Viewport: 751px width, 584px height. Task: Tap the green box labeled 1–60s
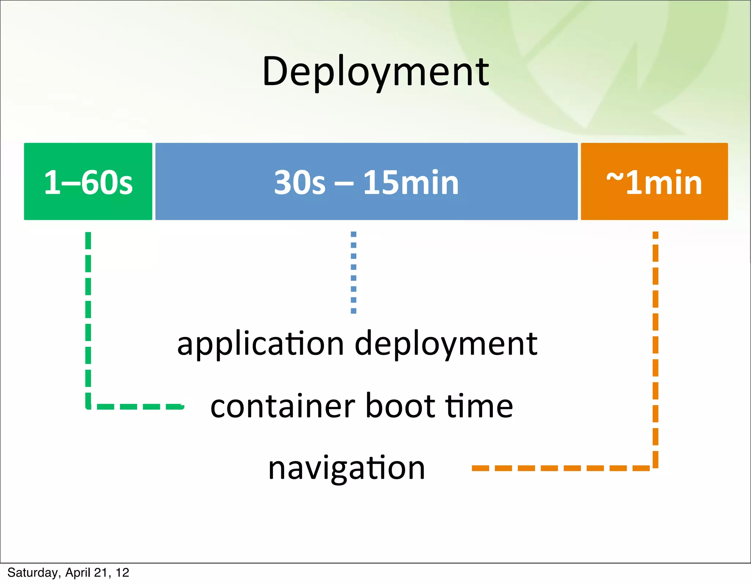point(88,181)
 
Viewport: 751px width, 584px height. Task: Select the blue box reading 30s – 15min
point(366,181)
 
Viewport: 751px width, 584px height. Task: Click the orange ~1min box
point(654,181)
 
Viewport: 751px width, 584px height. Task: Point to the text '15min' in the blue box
point(411,182)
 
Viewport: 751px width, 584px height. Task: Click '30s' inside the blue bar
point(300,182)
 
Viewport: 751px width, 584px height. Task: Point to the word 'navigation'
point(347,469)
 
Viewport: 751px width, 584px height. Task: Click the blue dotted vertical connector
point(353,272)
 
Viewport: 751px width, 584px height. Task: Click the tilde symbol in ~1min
point(615,177)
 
